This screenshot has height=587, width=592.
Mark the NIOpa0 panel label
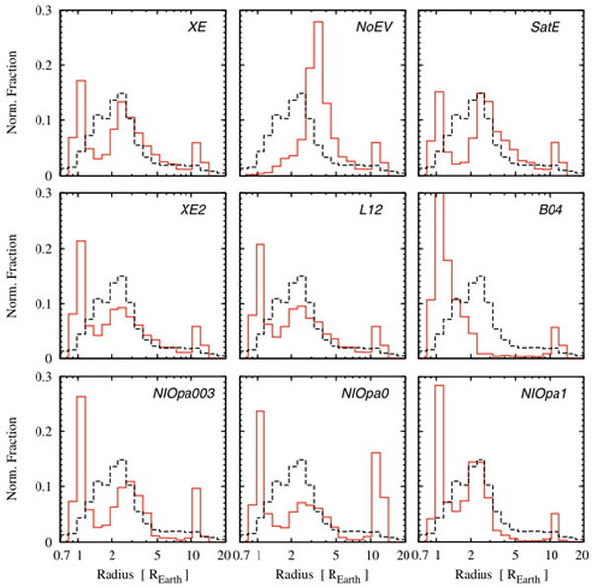pyautogui.click(x=368, y=388)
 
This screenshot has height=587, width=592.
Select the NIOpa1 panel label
pyautogui.click(x=548, y=388)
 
